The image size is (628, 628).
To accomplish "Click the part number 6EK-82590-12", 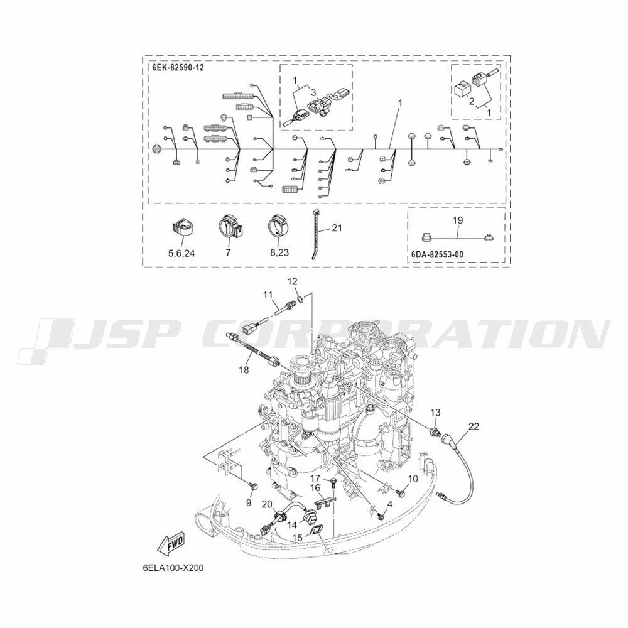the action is click(178, 67).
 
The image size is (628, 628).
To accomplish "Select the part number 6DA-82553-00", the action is click(437, 254).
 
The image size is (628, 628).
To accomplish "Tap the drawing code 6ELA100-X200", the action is click(173, 568).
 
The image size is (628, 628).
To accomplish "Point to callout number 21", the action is click(337, 228).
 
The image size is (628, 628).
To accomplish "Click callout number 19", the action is click(458, 220).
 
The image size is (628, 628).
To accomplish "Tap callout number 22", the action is click(474, 426).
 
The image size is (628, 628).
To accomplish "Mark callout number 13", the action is click(435, 412).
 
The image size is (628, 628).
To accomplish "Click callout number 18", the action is click(244, 370).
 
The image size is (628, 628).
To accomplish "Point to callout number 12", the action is click(293, 281).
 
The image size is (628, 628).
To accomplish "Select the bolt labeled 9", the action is click(252, 487).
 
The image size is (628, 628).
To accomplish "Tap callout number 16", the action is click(315, 488).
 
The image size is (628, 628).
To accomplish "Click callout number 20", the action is click(267, 504).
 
